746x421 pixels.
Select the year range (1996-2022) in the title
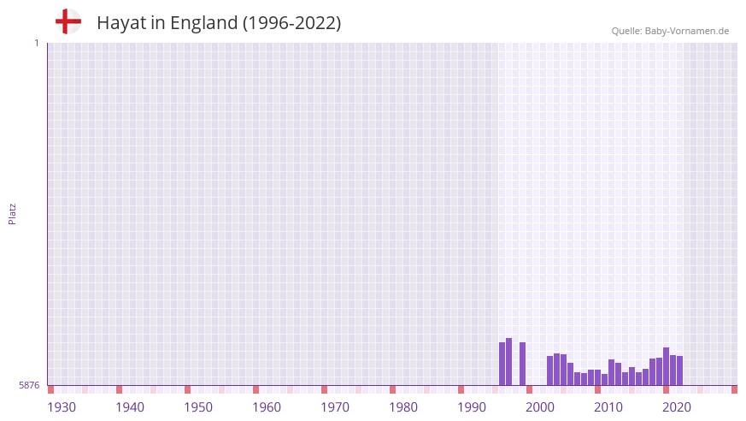[x=291, y=23]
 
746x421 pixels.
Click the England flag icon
[x=68, y=21]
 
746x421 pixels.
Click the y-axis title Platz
[x=12, y=213]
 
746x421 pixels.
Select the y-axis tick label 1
[x=36, y=43]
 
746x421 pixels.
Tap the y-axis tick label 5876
[x=29, y=386]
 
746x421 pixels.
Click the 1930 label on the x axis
[x=62, y=407]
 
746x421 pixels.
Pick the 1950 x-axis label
[x=198, y=407]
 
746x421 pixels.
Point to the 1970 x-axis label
[x=335, y=407]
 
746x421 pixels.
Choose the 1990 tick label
[x=472, y=407]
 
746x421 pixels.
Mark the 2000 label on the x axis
[x=540, y=407]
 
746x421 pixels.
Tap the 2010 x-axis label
[x=608, y=407]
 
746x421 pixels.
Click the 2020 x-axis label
[x=677, y=407]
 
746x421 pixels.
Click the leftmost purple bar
[x=502, y=364]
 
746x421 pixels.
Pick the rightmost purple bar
[x=680, y=371]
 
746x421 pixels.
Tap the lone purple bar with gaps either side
[x=523, y=364]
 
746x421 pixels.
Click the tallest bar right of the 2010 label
[x=667, y=366]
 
